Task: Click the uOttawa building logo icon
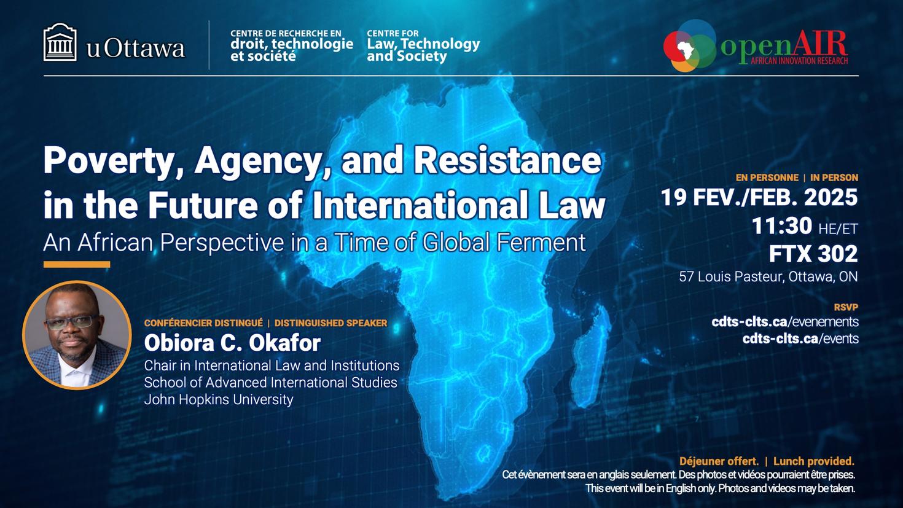60,42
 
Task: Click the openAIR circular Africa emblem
690,46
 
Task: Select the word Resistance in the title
507,160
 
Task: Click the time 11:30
781,226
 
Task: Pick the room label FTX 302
813,254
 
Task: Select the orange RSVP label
846,307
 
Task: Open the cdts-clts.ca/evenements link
785,322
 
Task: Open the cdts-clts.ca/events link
800,338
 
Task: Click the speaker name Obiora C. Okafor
232,343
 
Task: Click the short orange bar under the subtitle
77,265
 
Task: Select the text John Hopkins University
219,399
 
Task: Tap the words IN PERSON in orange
834,178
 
